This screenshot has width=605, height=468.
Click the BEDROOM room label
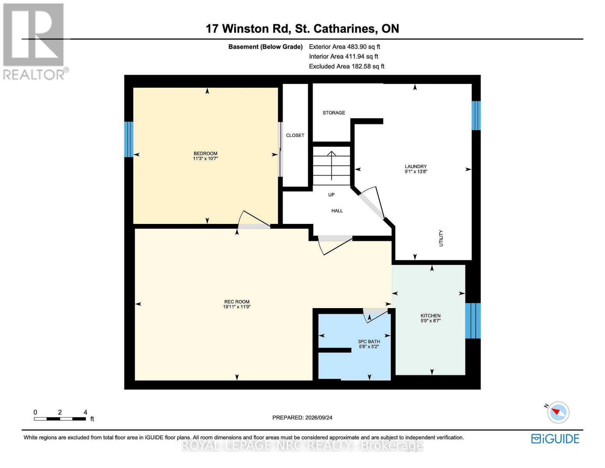(x=205, y=153)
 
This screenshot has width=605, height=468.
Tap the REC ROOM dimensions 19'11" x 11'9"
(x=236, y=307)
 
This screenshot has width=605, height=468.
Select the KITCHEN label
(x=430, y=316)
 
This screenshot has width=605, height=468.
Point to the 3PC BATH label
(x=369, y=342)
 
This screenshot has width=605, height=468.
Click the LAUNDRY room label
(x=416, y=167)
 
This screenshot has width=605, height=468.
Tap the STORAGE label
(x=334, y=113)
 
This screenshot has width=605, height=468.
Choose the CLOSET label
(x=295, y=135)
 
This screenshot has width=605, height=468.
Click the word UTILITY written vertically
(x=441, y=238)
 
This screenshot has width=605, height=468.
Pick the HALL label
(x=337, y=211)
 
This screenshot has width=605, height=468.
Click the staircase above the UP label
(x=331, y=166)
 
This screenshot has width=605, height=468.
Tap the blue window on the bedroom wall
(x=129, y=139)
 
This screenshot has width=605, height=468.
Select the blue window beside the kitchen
(x=473, y=321)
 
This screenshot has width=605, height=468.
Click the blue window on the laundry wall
(x=476, y=115)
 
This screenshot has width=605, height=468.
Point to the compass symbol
(x=558, y=413)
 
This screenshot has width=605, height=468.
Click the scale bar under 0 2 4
(x=60, y=418)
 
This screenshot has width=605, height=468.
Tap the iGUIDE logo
(x=555, y=439)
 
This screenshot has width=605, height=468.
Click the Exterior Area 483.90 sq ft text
(x=344, y=46)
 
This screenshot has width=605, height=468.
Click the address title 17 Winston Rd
(x=248, y=29)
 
